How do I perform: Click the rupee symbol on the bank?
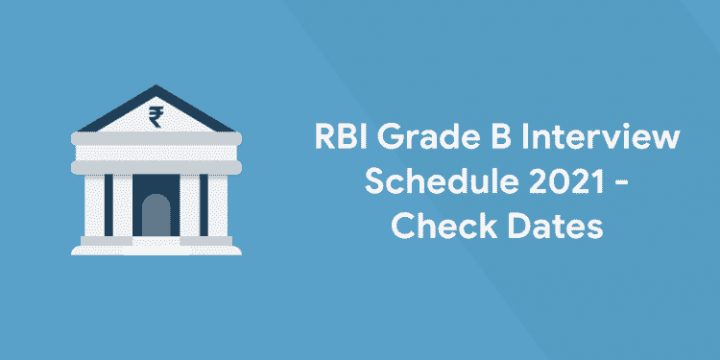[x=154, y=118]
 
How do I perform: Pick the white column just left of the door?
[x=122, y=207]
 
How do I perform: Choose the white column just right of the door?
[x=187, y=207]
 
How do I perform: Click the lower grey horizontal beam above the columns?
[x=154, y=165]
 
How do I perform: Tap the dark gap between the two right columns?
[x=203, y=207]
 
